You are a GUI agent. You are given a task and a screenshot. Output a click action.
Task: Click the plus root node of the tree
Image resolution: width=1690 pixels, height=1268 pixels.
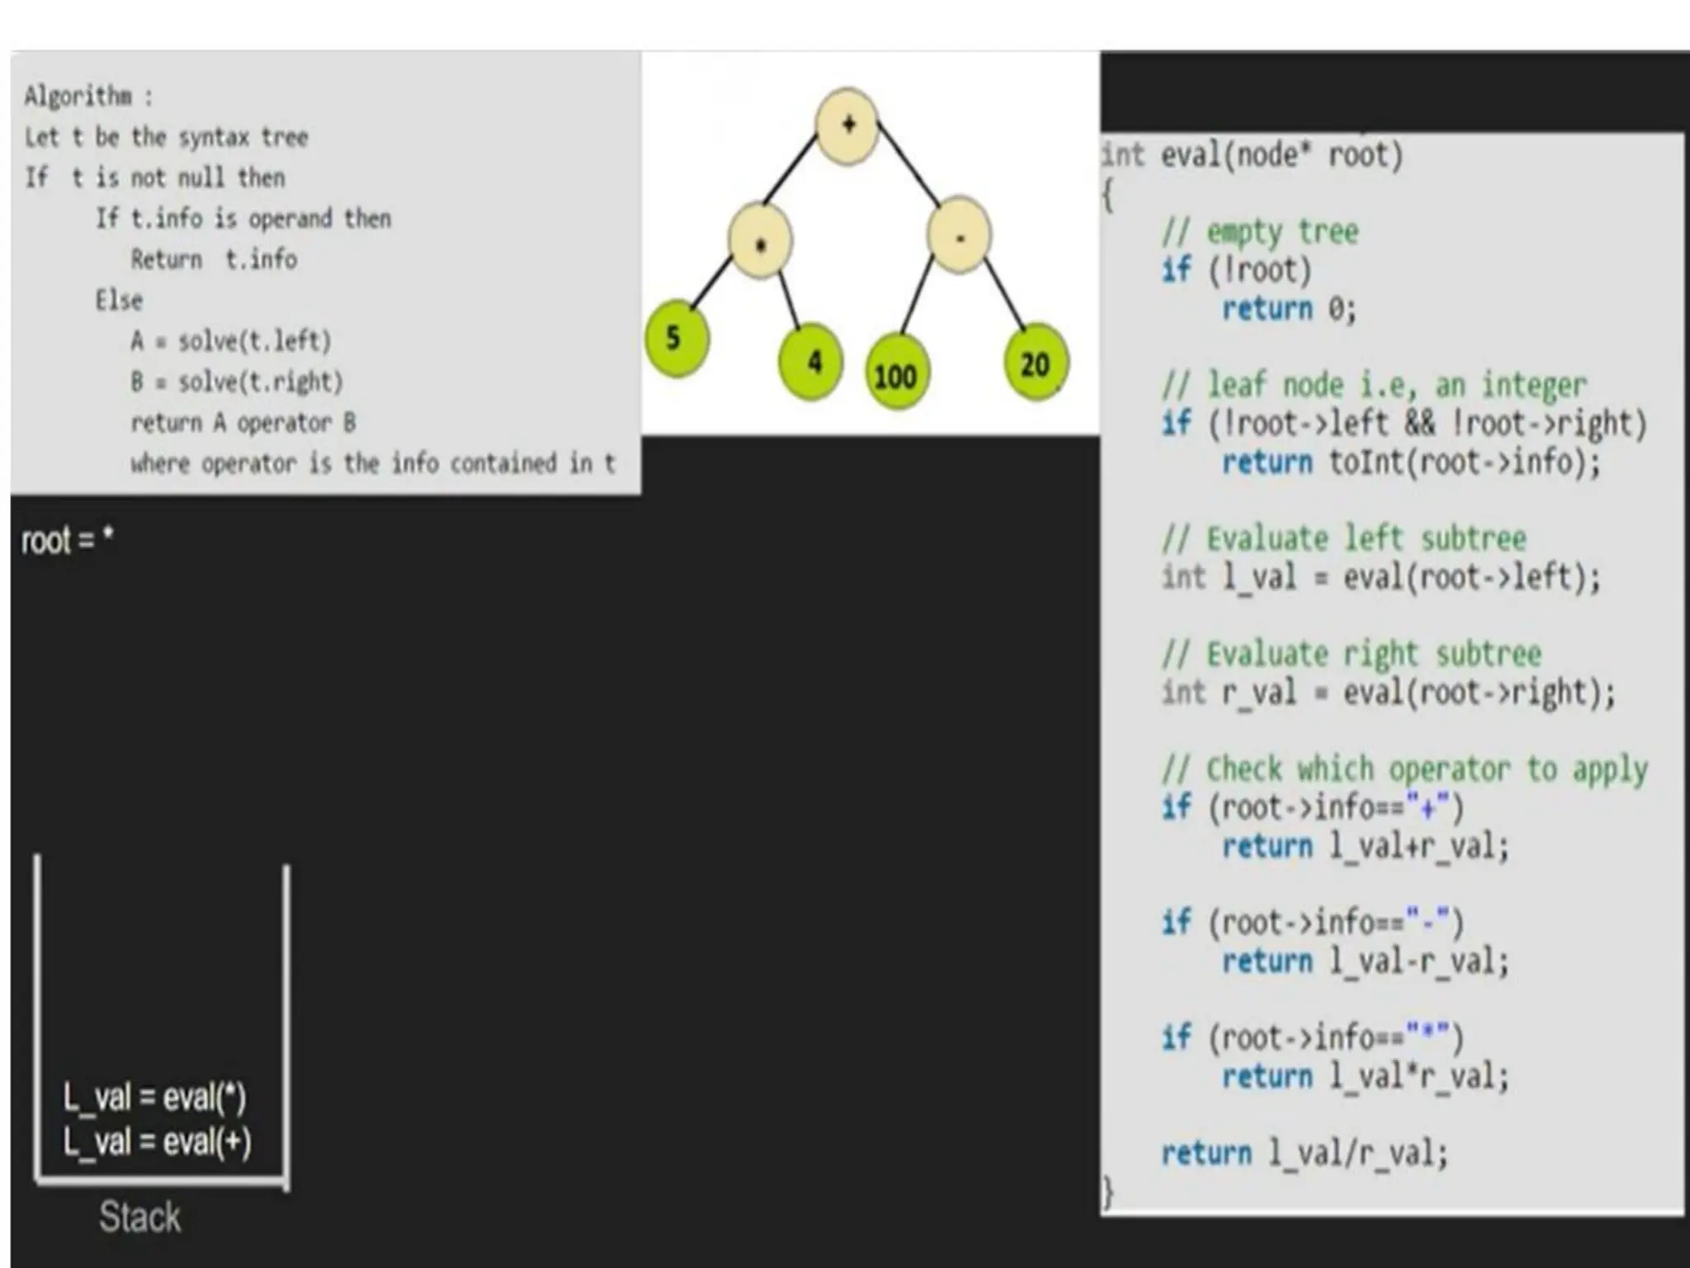click(x=847, y=125)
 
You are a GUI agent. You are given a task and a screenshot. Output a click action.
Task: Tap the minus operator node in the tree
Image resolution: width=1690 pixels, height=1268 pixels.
click(x=959, y=237)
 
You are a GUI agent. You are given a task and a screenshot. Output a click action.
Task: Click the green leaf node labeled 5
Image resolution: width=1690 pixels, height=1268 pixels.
click(x=676, y=338)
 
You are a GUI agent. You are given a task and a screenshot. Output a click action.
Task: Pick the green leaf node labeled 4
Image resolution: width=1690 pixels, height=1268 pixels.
click(x=812, y=361)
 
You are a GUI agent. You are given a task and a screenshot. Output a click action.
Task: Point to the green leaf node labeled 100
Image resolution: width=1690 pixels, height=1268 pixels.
click(x=895, y=376)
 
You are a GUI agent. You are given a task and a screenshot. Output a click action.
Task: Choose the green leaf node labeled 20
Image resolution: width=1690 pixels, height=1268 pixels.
click(x=1036, y=364)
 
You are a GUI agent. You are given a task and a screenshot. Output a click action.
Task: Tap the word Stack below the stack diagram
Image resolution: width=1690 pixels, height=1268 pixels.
click(x=139, y=1216)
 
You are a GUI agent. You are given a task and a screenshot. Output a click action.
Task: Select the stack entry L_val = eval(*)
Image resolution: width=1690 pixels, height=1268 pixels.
click(x=154, y=1097)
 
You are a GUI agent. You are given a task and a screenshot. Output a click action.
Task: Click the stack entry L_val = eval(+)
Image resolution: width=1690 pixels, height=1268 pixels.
click(x=157, y=1142)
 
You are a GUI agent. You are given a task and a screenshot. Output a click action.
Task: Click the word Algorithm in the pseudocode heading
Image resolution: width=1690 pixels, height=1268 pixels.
click(x=78, y=97)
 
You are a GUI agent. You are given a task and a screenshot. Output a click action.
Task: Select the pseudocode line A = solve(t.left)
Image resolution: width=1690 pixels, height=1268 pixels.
click(x=230, y=341)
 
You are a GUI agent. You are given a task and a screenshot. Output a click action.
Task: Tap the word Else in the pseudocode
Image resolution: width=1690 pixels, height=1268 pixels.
click(x=119, y=300)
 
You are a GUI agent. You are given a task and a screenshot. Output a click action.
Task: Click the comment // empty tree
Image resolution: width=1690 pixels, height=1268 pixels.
click(x=1260, y=232)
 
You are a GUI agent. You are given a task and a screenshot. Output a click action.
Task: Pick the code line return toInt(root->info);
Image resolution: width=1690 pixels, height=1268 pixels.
click(x=1411, y=462)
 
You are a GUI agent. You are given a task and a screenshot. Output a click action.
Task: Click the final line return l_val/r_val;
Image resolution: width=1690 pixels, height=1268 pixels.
click(x=1305, y=1153)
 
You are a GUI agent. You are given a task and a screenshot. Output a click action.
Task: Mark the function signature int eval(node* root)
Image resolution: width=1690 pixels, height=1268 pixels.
click(x=1253, y=155)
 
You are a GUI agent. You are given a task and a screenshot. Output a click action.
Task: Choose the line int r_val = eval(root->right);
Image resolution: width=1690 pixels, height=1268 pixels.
click(x=1389, y=693)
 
